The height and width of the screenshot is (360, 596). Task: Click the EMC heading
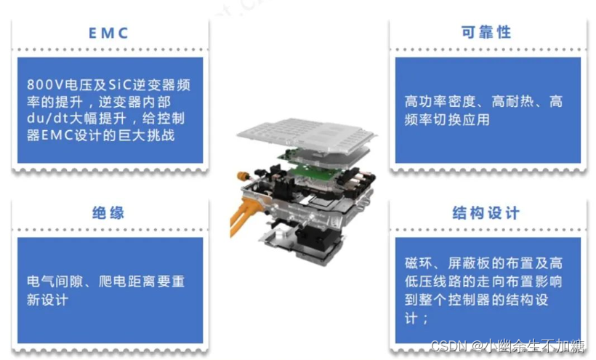point(108,33)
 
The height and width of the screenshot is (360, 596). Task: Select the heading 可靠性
point(486,32)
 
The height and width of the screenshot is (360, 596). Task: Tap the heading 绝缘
point(108,212)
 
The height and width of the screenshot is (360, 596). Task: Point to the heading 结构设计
point(486,212)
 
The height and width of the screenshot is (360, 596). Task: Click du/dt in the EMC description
point(47,119)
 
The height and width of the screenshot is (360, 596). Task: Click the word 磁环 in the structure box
point(418,263)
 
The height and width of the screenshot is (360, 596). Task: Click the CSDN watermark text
point(507,345)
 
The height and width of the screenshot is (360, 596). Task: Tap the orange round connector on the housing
point(243,176)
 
